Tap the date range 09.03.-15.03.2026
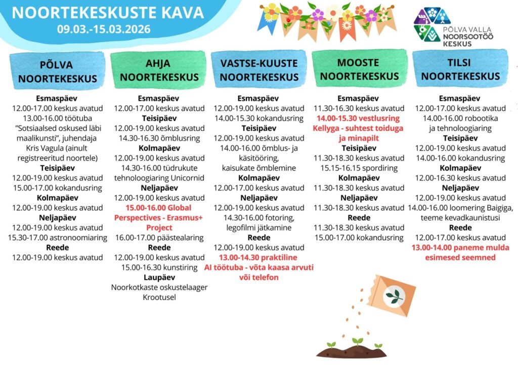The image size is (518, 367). coord(104,29)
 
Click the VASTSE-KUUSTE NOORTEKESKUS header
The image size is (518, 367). coord(259,70)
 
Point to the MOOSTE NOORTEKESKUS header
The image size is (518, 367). coord(360,69)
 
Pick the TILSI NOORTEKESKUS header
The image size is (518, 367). coord(460,69)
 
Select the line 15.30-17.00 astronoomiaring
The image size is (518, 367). coord(57,237)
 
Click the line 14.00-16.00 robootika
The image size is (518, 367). coord(460,118)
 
